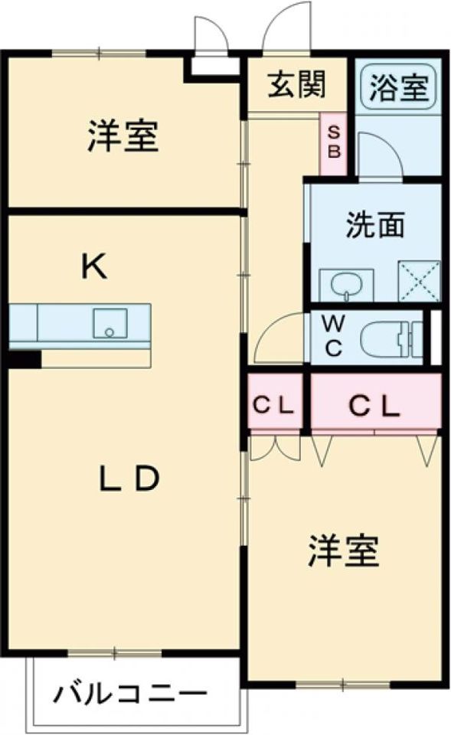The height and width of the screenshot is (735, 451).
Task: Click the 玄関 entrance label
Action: pyautogui.click(x=296, y=85)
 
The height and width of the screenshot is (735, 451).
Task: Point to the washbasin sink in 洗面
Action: pyautogui.click(x=346, y=285)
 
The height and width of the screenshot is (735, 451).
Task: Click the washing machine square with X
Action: pyautogui.click(x=419, y=282)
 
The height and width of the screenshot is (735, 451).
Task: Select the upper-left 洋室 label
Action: pyautogui.click(x=123, y=137)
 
